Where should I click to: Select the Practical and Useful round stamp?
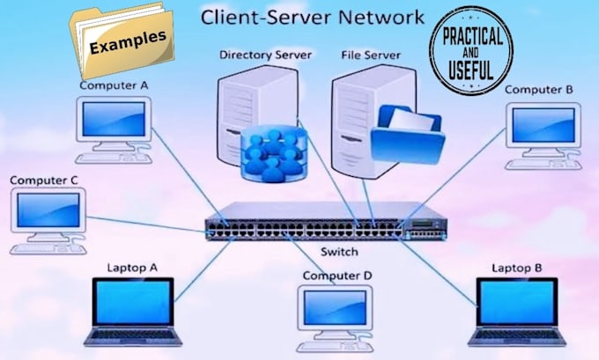473,51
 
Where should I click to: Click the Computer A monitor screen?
113,118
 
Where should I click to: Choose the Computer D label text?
337,276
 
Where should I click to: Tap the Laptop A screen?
134,305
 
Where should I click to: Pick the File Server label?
371,55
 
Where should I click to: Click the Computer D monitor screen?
336,305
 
